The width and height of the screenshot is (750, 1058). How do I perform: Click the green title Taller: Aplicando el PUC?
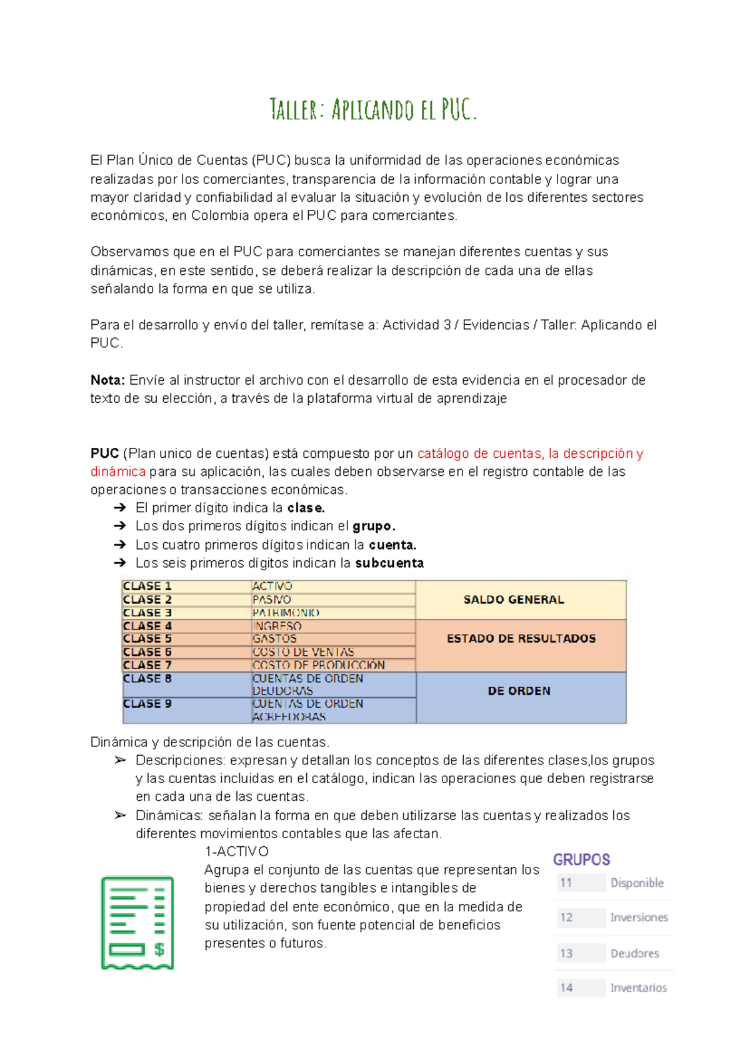click(x=373, y=109)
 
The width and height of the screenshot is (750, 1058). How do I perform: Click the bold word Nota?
click(x=107, y=380)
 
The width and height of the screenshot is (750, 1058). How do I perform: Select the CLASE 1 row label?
click(x=147, y=586)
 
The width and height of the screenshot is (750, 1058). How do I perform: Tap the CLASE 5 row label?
click(x=147, y=639)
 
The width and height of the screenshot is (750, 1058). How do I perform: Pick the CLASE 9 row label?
click(x=147, y=704)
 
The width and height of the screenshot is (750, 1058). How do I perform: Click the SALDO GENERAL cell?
click(x=514, y=600)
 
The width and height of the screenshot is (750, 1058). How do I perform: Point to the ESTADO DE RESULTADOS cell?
click(x=521, y=638)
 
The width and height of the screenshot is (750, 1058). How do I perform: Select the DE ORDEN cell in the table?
click(x=519, y=691)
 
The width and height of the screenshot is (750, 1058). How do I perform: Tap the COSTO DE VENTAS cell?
click(x=303, y=652)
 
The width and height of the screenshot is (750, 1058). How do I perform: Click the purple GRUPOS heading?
click(x=581, y=859)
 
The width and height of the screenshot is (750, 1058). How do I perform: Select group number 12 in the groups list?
click(x=566, y=917)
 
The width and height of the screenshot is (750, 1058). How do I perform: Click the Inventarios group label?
click(x=638, y=987)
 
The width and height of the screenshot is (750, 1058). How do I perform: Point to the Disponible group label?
click(x=637, y=882)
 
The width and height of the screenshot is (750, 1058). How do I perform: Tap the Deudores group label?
click(x=634, y=953)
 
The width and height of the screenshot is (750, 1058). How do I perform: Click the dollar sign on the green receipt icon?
click(x=159, y=949)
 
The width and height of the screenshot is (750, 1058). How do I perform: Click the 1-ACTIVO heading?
click(x=236, y=851)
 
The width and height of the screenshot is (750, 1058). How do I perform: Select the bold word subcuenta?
click(x=389, y=563)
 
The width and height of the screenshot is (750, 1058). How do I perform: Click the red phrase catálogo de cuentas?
click(x=480, y=453)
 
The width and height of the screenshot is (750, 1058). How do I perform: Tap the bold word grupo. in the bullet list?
click(x=374, y=526)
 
